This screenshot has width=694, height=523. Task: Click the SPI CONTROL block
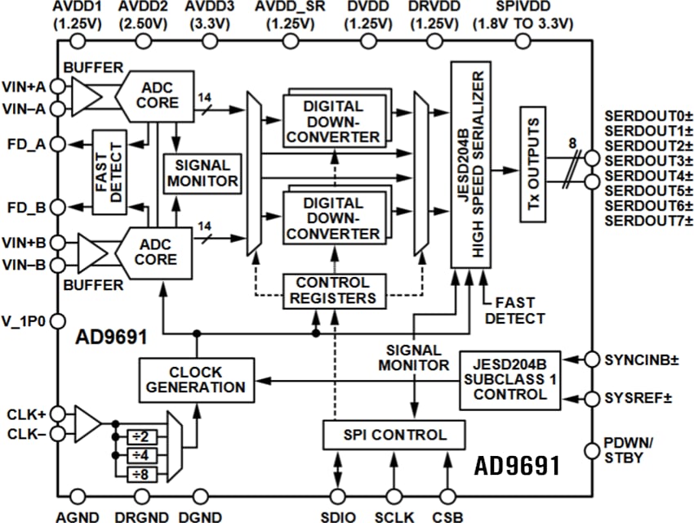click(394, 435)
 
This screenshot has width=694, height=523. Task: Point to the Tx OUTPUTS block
click(534, 163)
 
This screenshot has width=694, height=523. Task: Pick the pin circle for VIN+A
click(58, 85)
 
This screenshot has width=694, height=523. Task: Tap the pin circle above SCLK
click(395, 495)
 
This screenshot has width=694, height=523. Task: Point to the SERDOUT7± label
click(641, 221)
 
